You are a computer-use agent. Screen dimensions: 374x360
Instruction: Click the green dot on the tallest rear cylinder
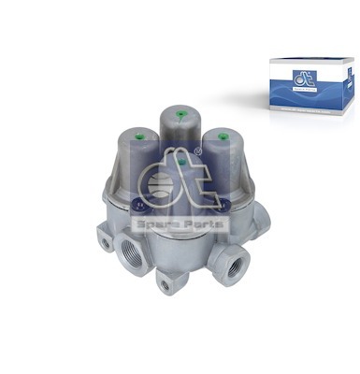180,117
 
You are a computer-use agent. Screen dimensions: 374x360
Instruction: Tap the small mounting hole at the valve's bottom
167,284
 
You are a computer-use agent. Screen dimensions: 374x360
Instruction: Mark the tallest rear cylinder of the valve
180,131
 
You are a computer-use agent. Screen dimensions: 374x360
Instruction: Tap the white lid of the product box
309,64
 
